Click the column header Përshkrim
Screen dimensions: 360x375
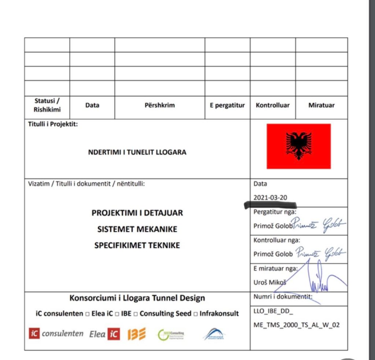point(160,105)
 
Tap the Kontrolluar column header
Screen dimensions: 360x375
point(272,105)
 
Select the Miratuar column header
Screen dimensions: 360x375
point(321,105)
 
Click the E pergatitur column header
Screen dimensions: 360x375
point(227,105)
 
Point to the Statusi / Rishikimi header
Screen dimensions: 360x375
point(47,105)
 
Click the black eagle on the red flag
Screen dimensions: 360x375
point(299,145)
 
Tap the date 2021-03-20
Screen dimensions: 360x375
point(270,198)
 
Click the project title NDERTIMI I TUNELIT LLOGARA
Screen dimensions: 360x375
point(137,152)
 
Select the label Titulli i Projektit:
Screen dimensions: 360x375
point(53,124)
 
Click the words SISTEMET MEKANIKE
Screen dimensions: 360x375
point(137,229)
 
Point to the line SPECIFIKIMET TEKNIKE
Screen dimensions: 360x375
point(137,245)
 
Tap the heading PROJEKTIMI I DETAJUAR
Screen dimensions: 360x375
point(137,213)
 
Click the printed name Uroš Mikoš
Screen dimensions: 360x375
point(270,282)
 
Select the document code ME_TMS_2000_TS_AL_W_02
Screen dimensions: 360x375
point(296,325)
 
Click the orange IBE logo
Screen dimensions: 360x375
point(137,334)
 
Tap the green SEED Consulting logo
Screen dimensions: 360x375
point(171,334)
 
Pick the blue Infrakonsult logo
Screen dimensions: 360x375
point(214,334)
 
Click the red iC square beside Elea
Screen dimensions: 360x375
point(114,334)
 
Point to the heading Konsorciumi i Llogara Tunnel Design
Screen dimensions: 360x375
point(137,298)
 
